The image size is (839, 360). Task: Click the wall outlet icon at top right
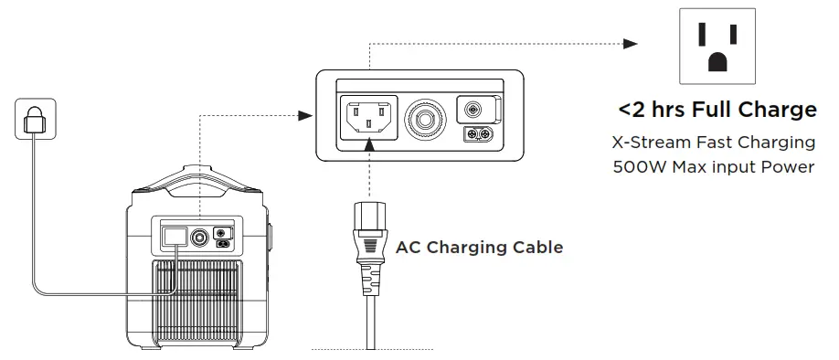click(714, 47)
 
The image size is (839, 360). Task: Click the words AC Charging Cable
click(479, 247)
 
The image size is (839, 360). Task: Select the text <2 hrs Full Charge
click(717, 111)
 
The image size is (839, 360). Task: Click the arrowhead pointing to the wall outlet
click(631, 43)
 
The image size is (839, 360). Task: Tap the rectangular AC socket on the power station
click(172, 236)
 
